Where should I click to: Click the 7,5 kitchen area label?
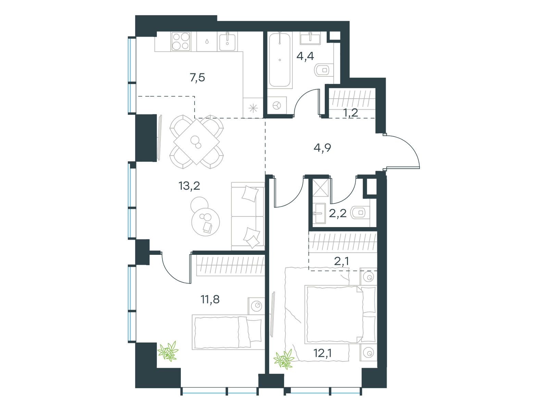(197, 78)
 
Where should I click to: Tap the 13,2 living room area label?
(189, 186)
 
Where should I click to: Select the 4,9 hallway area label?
(322, 148)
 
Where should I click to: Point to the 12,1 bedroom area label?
(323, 353)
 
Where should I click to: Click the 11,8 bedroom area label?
(210, 299)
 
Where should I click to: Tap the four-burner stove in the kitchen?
(180, 41)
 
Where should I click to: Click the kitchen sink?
(227, 41)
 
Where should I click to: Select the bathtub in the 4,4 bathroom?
(279, 60)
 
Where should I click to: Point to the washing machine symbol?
(277, 106)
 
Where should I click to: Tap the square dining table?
(197, 142)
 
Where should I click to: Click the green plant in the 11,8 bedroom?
(168, 351)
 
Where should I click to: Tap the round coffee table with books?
(206, 221)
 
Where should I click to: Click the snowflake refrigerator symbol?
(253, 108)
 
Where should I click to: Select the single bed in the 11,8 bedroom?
(228, 332)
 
